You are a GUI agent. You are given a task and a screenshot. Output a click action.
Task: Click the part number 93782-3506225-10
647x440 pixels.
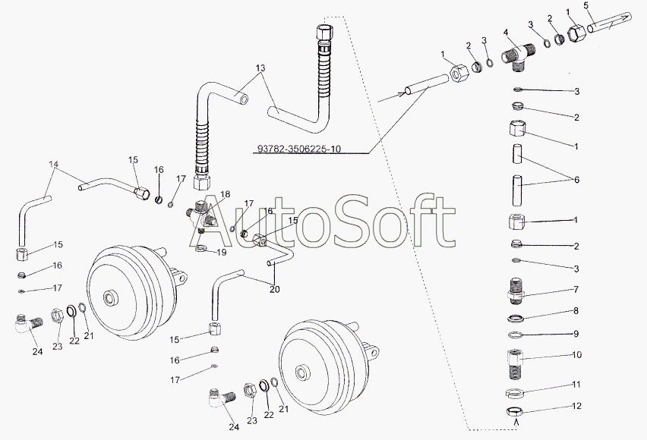click(299, 149)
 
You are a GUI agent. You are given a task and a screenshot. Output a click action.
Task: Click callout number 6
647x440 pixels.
click(576, 179)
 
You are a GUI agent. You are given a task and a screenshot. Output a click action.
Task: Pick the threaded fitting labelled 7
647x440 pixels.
click(514, 291)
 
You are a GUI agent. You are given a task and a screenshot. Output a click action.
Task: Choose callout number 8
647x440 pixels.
click(576, 310)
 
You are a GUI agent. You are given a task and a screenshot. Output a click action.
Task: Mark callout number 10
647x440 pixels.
click(576, 354)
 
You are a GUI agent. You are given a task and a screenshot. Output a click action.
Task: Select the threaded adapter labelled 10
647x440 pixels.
click(515, 364)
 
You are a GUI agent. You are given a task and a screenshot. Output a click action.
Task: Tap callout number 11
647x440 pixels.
click(576, 384)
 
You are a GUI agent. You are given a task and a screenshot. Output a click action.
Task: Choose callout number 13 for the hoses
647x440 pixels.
click(260, 68)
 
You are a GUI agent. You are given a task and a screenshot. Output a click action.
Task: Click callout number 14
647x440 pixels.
click(54, 164)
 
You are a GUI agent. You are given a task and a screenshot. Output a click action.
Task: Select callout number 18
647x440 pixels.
click(226, 193)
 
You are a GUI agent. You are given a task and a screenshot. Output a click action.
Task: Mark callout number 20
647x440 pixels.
click(274, 289)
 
